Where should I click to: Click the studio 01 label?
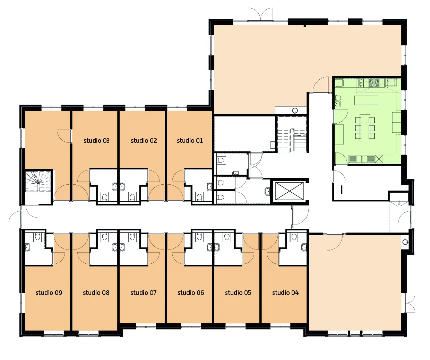[x=190, y=141]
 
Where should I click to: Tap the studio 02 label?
[x=144, y=141]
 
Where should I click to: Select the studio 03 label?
[x=96, y=141]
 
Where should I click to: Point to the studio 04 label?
[x=285, y=292]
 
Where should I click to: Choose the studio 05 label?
[x=238, y=292]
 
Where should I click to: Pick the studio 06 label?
[x=191, y=292]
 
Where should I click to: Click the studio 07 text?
[x=143, y=292]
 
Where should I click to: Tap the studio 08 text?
[x=96, y=292]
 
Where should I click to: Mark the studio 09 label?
[x=49, y=292]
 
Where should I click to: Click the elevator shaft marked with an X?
[x=289, y=191]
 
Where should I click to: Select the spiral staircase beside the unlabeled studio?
[x=38, y=181]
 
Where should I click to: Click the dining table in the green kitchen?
[x=365, y=128]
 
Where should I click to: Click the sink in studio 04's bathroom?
[x=304, y=247]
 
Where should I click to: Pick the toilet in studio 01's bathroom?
[x=199, y=197]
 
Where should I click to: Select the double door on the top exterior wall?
[x=260, y=14]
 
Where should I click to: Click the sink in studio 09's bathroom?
[x=28, y=247]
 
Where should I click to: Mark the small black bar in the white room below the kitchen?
[x=342, y=190]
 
